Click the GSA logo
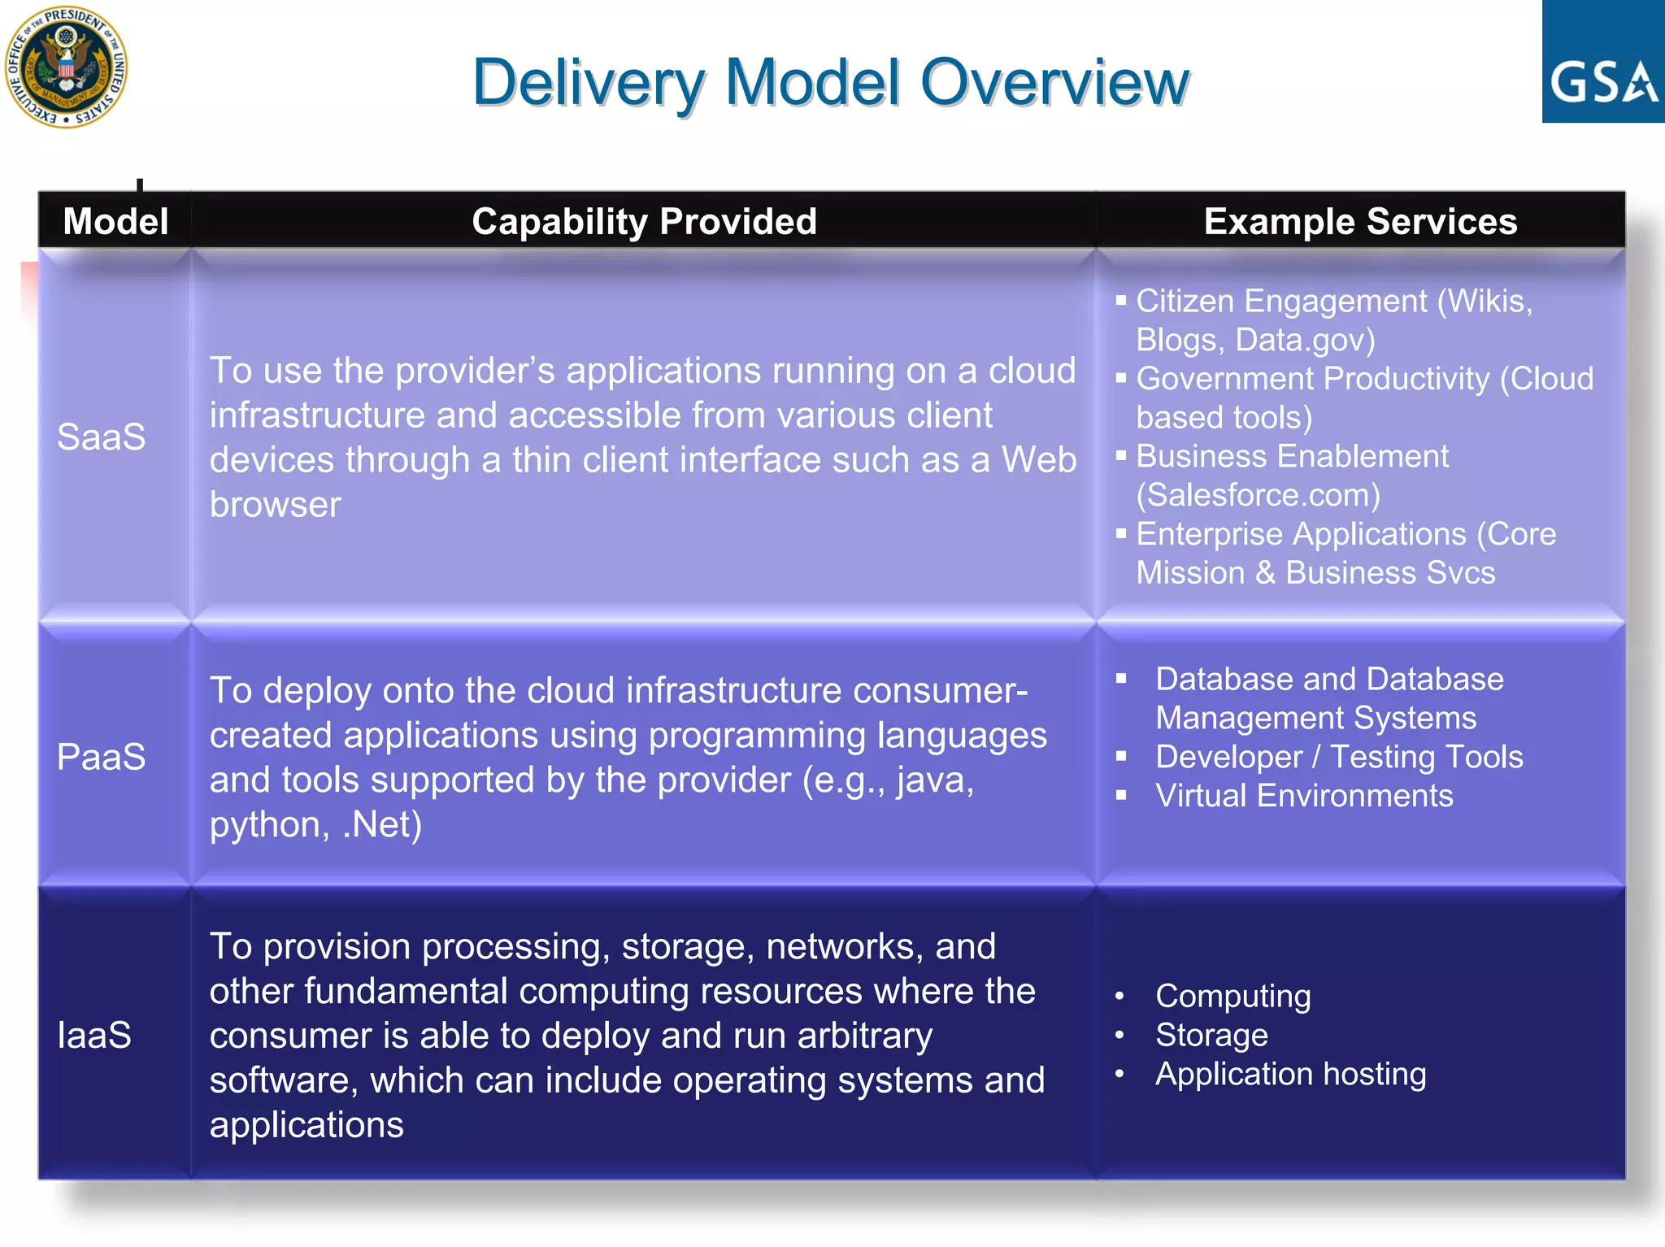pos(1602,63)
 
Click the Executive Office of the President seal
pos(66,67)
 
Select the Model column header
pos(115,221)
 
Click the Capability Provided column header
pos(644,221)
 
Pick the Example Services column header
pos(1360,221)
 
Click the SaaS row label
pos(101,437)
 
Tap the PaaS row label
pos(101,757)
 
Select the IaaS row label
pos(94,1035)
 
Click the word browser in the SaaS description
pos(275,505)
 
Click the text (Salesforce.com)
pos(1258,495)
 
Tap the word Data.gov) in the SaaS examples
pos(1305,340)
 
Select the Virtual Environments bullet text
pos(1304,795)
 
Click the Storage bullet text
pos(1211,1035)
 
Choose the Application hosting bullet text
pos(1290,1074)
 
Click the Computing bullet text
pos(1232,996)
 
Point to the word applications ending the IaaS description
pos(306,1125)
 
